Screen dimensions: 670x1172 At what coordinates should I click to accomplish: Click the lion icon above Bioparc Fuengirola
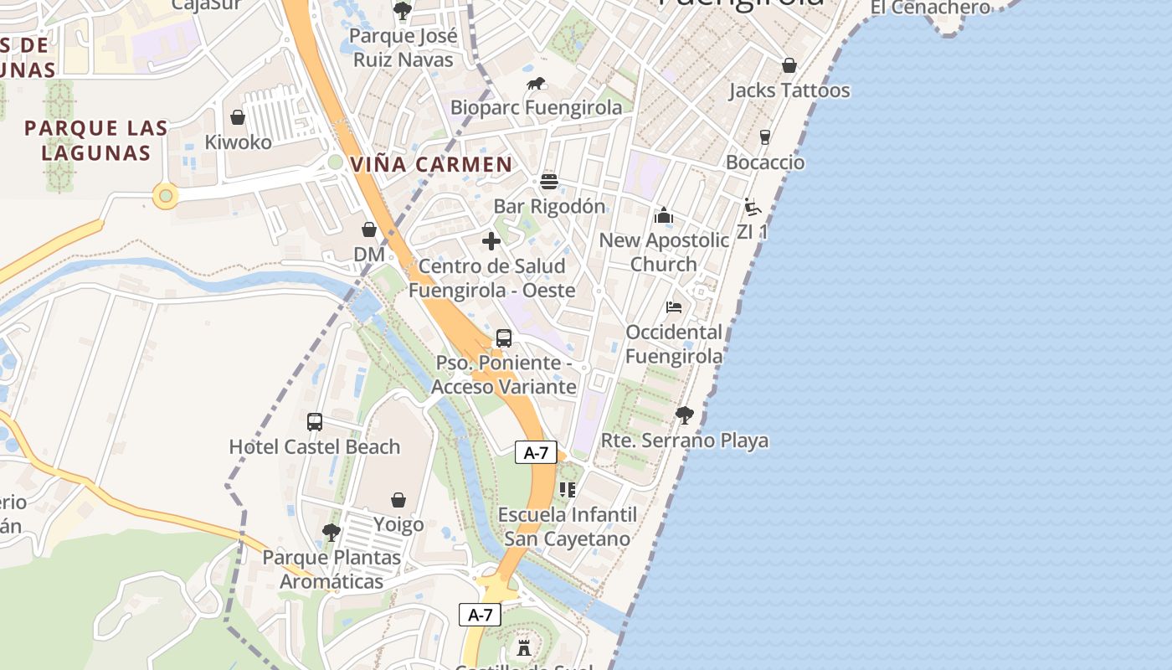[x=536, y=84]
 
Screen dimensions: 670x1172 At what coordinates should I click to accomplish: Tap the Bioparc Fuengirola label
[x=536, y=108]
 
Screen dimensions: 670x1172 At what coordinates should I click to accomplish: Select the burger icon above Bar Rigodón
[x=549, y=182]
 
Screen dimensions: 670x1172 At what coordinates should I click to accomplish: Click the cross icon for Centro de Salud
[x=491, y=242]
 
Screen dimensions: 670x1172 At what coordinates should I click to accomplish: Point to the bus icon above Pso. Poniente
[x=503, y=338]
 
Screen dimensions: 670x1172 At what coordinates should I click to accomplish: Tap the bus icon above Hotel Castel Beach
[x=315, y=422]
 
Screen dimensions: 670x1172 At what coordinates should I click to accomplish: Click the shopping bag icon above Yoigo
[x=398, y=500]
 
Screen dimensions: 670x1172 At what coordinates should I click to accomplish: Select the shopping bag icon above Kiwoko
[x=238, y=117]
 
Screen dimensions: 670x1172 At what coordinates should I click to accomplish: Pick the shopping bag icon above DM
[x=369, y=229]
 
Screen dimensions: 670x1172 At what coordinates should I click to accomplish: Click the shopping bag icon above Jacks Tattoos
[x=789, y=65]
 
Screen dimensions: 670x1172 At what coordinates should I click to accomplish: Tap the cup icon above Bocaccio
[x=764, y=137]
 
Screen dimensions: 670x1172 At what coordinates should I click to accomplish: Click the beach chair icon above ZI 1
[x=752, y=207]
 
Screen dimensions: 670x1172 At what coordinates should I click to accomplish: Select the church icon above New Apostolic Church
[x=664, y=216]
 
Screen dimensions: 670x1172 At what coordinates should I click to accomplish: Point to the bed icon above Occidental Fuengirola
[x=674, y=307]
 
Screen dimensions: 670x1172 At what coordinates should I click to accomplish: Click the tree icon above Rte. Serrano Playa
[x=684, y=415]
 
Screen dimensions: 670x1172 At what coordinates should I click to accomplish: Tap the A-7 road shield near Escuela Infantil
[x=536, y=453]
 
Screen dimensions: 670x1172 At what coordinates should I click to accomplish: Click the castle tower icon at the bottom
[x=524, y=647]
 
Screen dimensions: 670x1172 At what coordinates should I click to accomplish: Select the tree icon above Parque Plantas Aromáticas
[x=332, y=532]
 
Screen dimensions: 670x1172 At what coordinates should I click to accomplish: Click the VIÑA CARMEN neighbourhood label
[x=431, y=164]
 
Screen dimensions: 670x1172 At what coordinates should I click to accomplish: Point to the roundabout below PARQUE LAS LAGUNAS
[x=166, y=197]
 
